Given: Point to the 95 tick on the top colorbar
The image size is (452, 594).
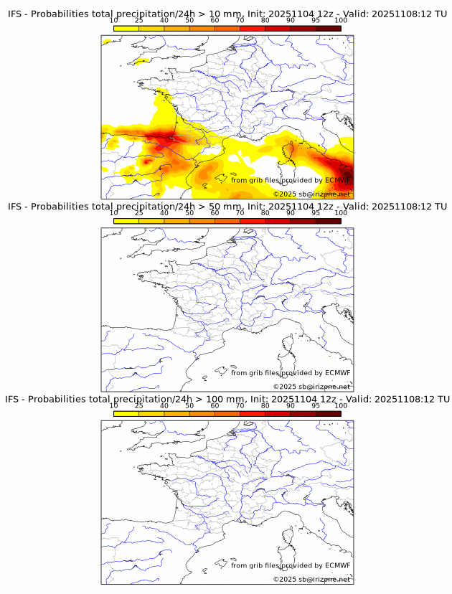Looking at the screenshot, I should click(316, 21).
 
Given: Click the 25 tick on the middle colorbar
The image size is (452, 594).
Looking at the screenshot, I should click(139, 213).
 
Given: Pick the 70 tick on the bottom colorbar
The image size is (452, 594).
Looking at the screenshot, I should click(240, 405).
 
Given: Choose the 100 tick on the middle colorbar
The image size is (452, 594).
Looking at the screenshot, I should click(341, 213).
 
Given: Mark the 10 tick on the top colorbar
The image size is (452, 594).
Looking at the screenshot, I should click(114, 21).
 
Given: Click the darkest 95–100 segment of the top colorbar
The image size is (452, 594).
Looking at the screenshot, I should click(329, 28).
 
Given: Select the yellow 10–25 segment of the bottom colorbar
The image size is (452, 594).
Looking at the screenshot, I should click(126, 412).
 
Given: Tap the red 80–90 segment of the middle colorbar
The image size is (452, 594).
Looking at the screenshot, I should click(278, 220).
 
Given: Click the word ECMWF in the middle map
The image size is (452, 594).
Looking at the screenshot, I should click(337, 373).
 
